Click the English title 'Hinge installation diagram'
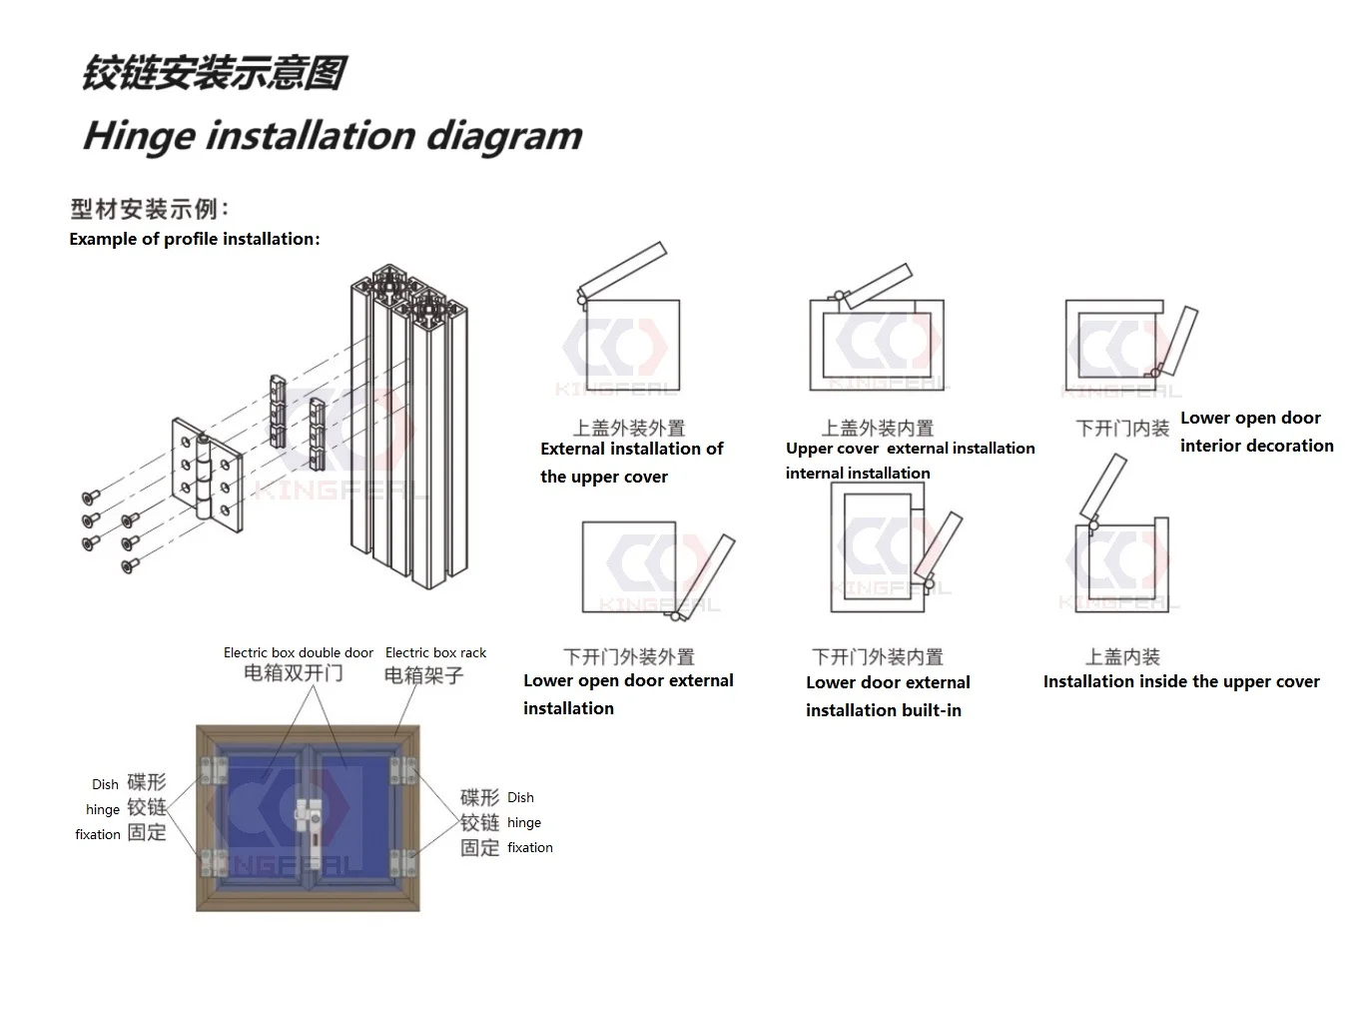(333, 136)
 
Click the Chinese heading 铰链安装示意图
(214, 74)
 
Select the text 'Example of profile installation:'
(195, 239)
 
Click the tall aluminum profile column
(409, 430)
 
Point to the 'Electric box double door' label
(298, 652)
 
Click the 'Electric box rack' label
(435, 652)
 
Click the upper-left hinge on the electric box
(213, 770)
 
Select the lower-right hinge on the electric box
(402, 860)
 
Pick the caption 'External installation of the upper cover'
(630, 463)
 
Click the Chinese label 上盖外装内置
(877, 428)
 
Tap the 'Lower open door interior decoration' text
(1256, 432)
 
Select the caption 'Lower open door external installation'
(628, 694)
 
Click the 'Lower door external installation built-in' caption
(887, 696)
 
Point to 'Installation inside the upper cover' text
(1181, 681)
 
